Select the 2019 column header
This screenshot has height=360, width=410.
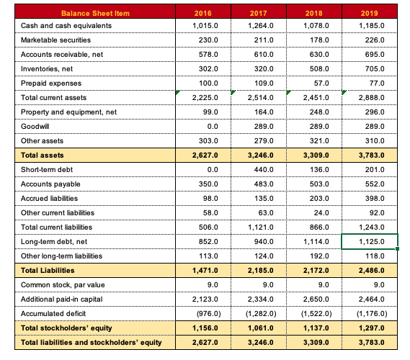click(x=369, y=14)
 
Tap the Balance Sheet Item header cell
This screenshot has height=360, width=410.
click(x=92, y=14)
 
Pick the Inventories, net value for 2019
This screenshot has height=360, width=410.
click(x=369, y=70)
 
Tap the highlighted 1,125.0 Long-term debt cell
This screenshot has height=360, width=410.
click(x=369, y=240)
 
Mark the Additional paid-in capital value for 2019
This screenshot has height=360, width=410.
click(x=369, y=299)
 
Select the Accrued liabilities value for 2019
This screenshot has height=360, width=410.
click(x=369, y=197)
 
